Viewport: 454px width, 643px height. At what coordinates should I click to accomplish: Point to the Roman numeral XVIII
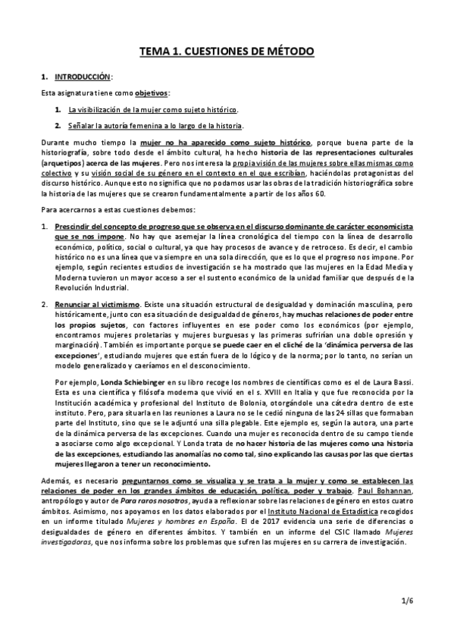pyautogui.click(x=269, y=394)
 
